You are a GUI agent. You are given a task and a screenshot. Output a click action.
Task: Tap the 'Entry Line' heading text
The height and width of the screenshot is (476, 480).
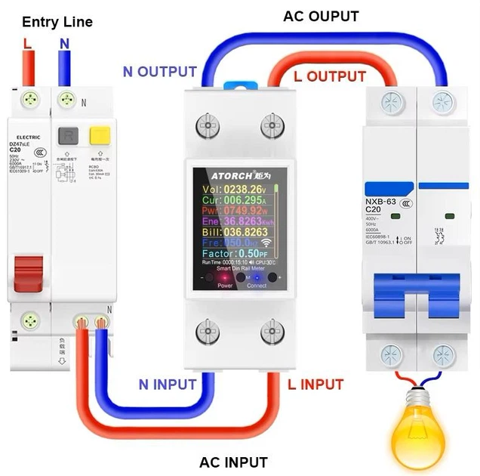coord(57,22)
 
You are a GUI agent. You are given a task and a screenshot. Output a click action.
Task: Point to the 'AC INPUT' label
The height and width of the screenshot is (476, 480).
coord(233,462)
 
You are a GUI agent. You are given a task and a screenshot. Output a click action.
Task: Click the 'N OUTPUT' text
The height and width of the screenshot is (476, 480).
coord(160,73)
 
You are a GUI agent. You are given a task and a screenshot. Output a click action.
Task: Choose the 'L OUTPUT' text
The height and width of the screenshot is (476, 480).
coord(329,76)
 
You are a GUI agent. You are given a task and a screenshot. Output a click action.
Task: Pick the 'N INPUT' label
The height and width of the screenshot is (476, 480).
coord(168,384)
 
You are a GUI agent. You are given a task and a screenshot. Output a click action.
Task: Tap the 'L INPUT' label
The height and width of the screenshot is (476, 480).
coord(316,384)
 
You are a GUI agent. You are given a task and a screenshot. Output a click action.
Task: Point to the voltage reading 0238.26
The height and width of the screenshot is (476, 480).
coord(243,189)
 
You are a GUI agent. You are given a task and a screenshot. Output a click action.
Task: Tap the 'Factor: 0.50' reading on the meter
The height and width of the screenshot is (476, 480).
coord(234,253)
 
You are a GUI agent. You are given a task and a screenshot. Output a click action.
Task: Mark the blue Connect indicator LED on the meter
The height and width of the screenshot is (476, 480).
coord(257,278)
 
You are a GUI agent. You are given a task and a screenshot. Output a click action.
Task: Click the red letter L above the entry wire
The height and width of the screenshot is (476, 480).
coord(28,44)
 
